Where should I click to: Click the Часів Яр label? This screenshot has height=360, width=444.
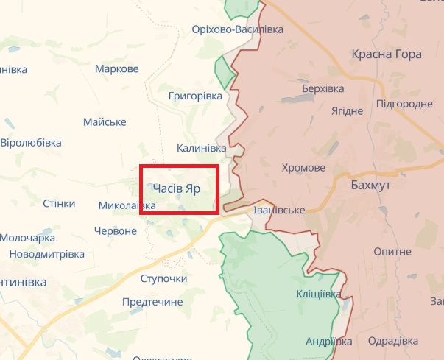point(177,188)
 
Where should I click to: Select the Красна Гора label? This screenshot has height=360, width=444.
point(387,54)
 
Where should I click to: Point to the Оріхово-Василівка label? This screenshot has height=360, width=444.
point(236,29)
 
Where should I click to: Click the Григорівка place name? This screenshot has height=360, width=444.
point(194,96)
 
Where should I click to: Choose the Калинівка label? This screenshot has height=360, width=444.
point(201,149)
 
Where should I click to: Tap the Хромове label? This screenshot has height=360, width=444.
point(303,168)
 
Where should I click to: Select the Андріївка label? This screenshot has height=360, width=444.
point(329,342)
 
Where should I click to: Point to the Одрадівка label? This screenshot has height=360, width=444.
point(392,342)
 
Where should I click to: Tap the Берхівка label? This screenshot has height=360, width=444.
point(323,88)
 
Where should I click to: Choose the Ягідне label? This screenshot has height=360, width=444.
point(347,110)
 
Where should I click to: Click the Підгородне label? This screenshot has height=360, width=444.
point(404,104)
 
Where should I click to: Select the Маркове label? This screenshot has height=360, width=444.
point(117,69)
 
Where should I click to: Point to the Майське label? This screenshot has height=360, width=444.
point(105,121)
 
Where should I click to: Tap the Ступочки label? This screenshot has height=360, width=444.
point(163,279)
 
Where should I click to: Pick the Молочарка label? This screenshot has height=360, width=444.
point(27,238)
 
